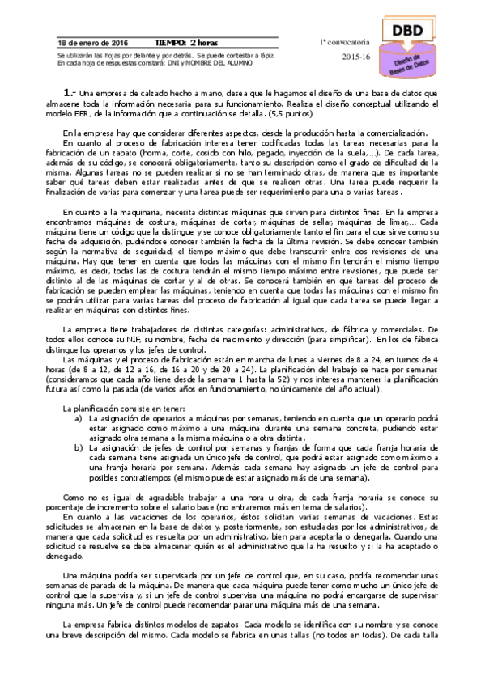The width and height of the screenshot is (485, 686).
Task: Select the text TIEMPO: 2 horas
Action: [x=185, y=42]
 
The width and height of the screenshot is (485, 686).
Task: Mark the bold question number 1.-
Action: [x=70, y=94]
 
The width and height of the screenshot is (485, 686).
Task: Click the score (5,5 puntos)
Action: [x=290, y=113]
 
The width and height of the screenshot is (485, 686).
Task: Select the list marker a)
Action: [x=78, y=418]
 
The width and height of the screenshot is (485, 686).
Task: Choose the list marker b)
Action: [x=78, y=447]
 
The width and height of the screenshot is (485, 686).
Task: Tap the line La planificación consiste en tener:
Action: [x=113, y=408]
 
